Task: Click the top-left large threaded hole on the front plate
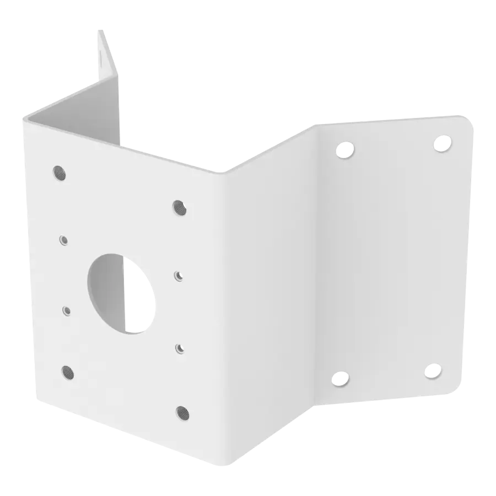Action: click(x=58, y=172)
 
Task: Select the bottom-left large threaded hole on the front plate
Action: click(x=67, y=370)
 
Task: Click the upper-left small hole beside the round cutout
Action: click(x=64, y=240)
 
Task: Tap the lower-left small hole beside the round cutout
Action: click(x=67, y=310)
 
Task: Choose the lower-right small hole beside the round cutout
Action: click(x=179, y=348)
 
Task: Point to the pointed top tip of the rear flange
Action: click(x=101, y=30)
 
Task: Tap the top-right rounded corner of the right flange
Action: click(x=468, y=121)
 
